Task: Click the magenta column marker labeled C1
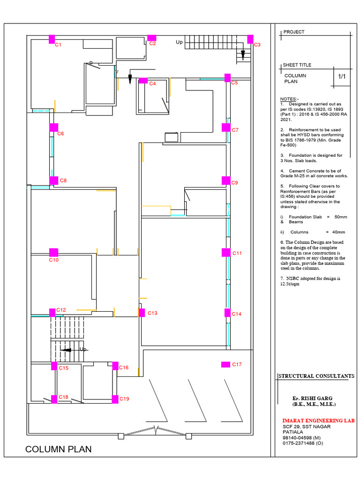[x=52, y=39]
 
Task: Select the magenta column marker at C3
[x=250, y=39]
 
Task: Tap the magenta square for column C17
[x=225, y=364]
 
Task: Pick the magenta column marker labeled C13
[x=141, y=313]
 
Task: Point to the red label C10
[x=54, y=260]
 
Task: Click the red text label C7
[x=235, y=130]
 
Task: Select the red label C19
[x=124, y=399]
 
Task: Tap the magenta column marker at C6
[x=54, y=127]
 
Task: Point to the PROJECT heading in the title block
[x=294, y=32]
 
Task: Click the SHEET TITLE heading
[x=297, y=65]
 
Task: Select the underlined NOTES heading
[x=289, y=99]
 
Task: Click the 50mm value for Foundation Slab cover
[x=339, y=217]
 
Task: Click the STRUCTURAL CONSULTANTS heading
[x=316, y=376]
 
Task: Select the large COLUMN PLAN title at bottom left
[x=59, y=450]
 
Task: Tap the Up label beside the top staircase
[x=179, y=42]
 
